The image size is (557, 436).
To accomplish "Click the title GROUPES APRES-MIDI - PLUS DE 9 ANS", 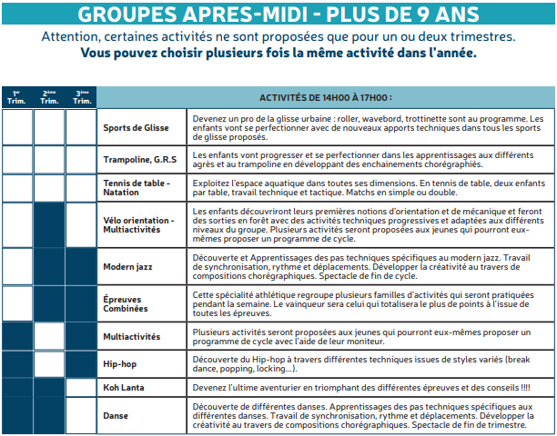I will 278,15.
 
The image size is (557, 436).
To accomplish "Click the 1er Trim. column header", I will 16,97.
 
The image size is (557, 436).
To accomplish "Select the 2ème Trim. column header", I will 49,97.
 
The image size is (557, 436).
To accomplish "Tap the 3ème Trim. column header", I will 81,97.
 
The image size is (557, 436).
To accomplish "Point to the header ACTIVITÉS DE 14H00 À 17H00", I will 325,97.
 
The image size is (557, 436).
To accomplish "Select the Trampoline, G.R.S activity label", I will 138,161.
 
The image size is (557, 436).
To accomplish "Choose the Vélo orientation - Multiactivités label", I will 138,224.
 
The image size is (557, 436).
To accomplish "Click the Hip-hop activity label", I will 121,364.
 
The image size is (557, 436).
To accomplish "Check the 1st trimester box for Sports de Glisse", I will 16,128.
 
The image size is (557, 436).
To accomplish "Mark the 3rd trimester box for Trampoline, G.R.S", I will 81,160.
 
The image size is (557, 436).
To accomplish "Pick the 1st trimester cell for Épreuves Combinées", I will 16,303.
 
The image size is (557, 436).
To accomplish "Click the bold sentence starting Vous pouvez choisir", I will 278,53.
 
